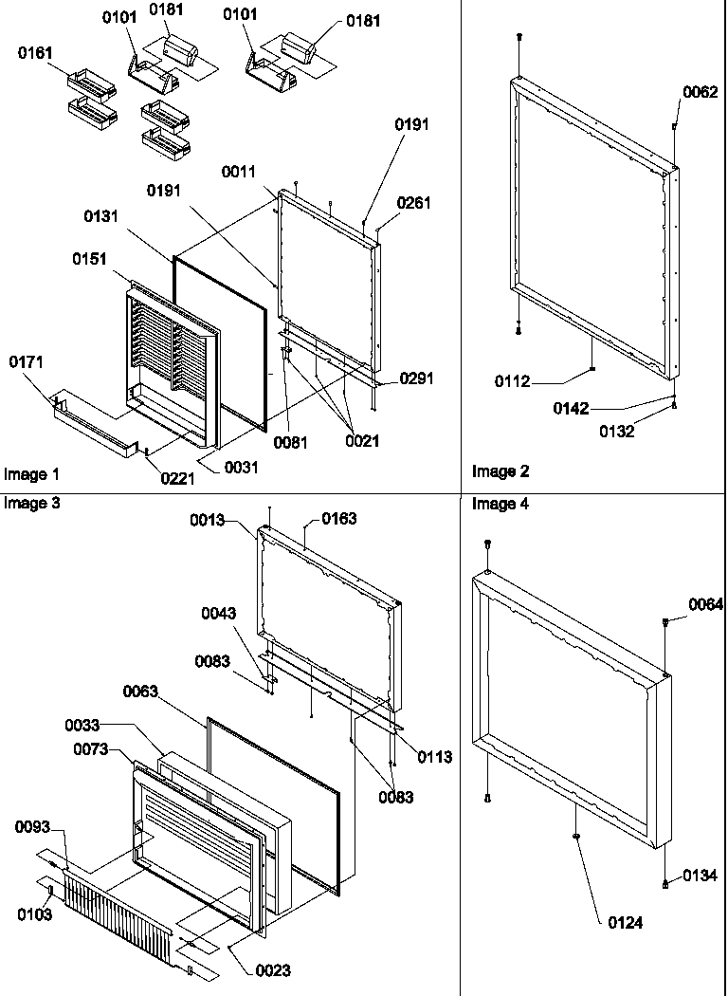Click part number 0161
pos(35,53)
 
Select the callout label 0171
pos(26,361)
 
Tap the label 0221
pos(178,479)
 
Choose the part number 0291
pos(416,378)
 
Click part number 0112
pos(512,381)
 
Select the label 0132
pos(616,431)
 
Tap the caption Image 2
pos(500,471)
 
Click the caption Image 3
pos(31,504)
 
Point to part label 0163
pos(339,518)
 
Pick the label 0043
pos(219,614)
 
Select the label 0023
pos(273,970)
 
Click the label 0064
pos(705,604)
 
